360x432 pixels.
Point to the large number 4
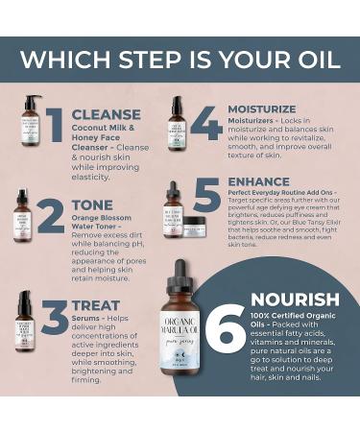click(205, 123)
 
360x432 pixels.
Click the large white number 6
click(225, 327)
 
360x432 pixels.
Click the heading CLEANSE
click(105, 114)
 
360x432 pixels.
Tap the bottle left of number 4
click(176, 123)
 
